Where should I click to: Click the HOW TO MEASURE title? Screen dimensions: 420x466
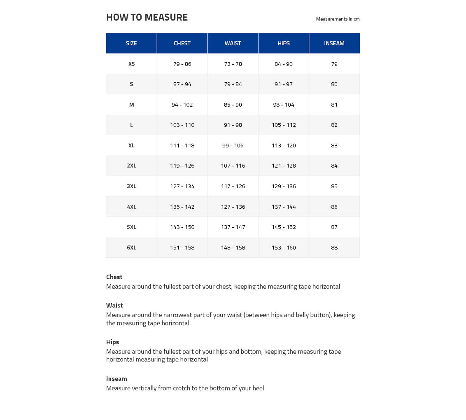[x=147, y=17]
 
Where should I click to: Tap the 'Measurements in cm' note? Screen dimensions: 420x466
[x=338, y=19]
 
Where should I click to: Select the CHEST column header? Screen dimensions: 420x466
[x=182, y=43]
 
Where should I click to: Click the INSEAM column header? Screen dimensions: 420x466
[x=334, y=43]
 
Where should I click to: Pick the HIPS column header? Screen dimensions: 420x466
[x=284, y=43]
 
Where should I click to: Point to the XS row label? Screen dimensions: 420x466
[x=131, y=64]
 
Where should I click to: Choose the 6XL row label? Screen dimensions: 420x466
[x=131, y=247]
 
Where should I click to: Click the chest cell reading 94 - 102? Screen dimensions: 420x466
[x=182, y=105]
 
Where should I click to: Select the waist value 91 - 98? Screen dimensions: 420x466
[x=233, y=125]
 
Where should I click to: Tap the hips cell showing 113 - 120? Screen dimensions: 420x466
[x=284, y=145]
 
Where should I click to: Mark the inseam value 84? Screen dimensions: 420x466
[x=334, y=166]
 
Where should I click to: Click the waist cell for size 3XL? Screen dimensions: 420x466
[x=233, y=186]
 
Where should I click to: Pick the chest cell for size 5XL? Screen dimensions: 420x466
[x=182, y=227]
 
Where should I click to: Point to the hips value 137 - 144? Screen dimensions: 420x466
[x=284, y=207]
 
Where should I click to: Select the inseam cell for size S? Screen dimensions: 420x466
[x=334, y=84]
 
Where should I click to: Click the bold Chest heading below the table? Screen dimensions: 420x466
[x=114, y=277]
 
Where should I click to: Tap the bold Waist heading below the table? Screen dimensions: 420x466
[x=114, y=306]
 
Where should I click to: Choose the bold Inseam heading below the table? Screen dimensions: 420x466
[x=116, y=379]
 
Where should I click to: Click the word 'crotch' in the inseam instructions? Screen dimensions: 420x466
[x=182, y=388]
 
